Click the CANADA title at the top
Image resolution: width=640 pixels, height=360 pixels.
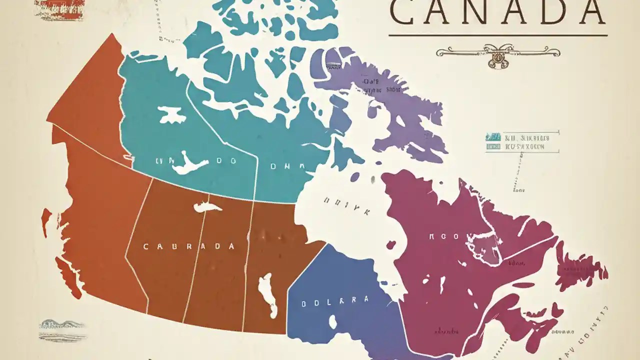coord(497,12)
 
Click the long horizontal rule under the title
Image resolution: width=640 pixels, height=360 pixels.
coord(497,35)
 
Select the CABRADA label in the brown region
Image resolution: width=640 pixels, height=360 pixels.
coord(188,246)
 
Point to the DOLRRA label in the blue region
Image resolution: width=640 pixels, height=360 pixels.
coord(334,301)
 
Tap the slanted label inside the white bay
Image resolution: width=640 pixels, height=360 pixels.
coord(347,206)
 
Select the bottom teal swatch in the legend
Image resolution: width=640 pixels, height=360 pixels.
coord(493,147)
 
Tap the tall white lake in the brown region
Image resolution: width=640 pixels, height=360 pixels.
coord(267,295)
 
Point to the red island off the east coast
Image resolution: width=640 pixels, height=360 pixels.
coord(580,267)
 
